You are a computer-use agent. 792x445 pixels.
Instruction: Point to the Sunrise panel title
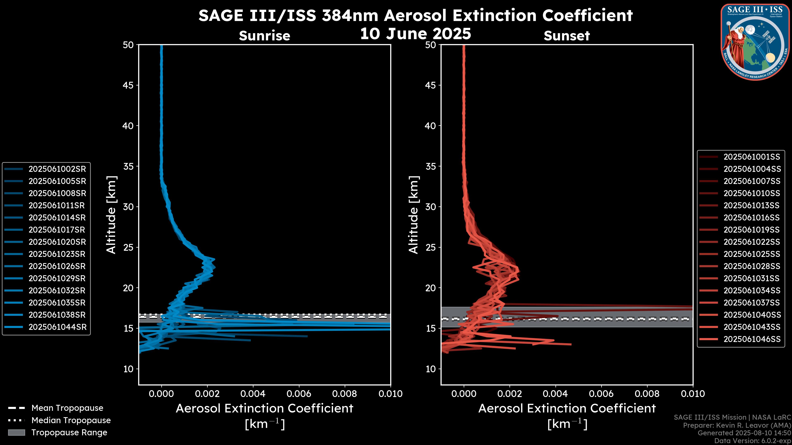point(264,36)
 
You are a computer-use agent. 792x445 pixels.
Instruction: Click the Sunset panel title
point(567,36)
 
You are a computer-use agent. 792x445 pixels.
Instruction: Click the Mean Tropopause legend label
point(67,408)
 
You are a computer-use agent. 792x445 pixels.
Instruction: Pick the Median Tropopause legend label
point(71,420)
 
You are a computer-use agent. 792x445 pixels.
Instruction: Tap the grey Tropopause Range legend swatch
point(16,432)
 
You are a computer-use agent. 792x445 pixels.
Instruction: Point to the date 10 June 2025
point(415,34)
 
